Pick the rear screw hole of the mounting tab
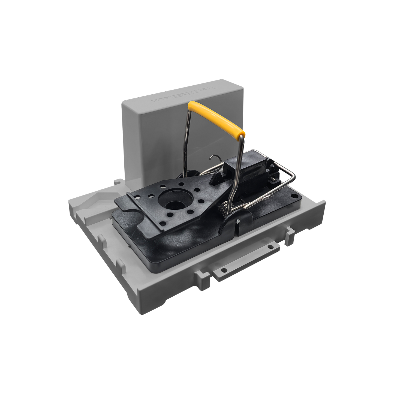(270, 247)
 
